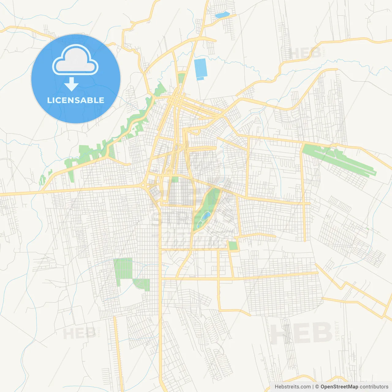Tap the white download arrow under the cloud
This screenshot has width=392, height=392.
(71, 84)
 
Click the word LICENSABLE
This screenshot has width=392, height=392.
(76, 100)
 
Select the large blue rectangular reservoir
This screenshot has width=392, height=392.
(201, 68)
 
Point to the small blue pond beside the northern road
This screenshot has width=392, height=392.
(222, 14)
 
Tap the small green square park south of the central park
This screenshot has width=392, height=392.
(233, 246)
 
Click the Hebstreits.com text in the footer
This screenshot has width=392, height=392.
(292, 387)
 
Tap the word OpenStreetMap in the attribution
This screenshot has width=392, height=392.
(339, 387)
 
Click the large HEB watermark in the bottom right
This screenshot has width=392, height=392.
(302, 333)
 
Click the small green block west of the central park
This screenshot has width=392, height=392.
(175, 179)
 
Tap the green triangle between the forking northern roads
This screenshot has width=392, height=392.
(182, 78)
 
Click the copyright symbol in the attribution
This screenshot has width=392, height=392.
(317, 387)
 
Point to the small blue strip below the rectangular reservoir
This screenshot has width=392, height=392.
(200, 79)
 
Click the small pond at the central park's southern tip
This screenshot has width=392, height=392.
(200, 225)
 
